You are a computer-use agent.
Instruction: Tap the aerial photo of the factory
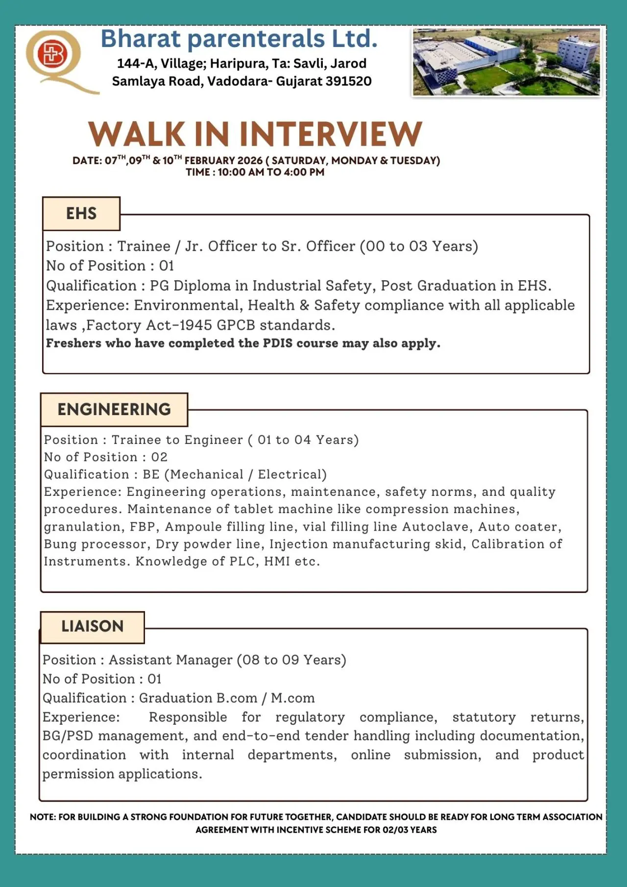pyautogui.click(x=506, y=62)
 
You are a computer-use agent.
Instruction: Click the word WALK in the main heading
pyautogui.click(x=136, y=134)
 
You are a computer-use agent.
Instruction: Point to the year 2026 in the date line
pyautogui.click(x=250, y=161)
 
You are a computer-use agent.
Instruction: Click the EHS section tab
pyautogui.click(x=81, y=214)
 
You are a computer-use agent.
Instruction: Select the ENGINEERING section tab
pyautogui.click(x=114, y=410)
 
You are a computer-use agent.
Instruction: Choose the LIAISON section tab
pyautogui.click(x=92, y=626)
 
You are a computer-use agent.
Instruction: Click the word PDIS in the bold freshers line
pyautogui.click(x=278, y=344)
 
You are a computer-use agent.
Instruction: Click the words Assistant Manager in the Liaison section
pyautogui.click(x=170, y=660)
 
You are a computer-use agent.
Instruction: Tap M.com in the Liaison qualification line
pyautogui.click(x=293, y=698)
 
